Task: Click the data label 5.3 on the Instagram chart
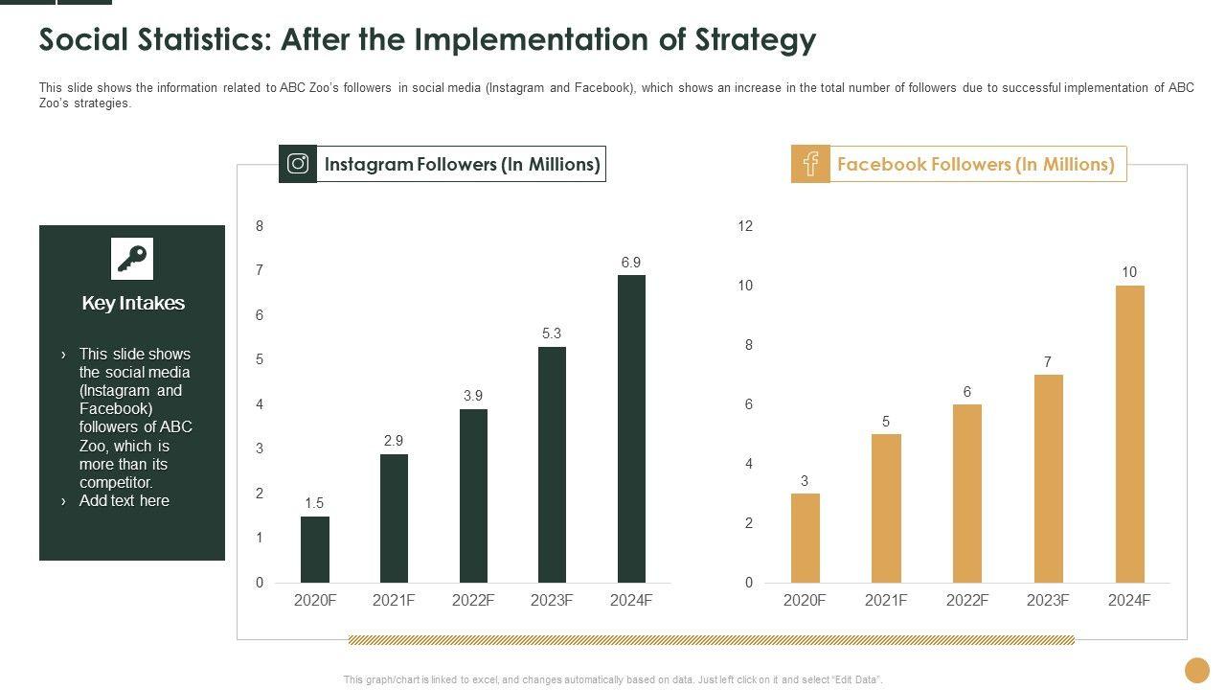click(552, 333)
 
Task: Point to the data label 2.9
click(394, 441)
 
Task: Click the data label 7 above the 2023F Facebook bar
click(1048, 362)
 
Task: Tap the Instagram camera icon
click(298, 164)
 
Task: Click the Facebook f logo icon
click(810, 164)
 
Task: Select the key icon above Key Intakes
click(132, 259)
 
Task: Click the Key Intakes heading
click(133, 303)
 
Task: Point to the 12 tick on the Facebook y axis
click(745, 226)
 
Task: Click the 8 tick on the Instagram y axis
click(259, 226)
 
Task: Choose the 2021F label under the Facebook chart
click(886, 600)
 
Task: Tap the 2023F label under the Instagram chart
click(552, 600)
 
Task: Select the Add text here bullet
click(124, 500)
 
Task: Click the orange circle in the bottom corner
click(1197, 669)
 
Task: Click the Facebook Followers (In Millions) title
click(976, 164)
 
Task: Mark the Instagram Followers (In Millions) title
click(462, 164)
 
